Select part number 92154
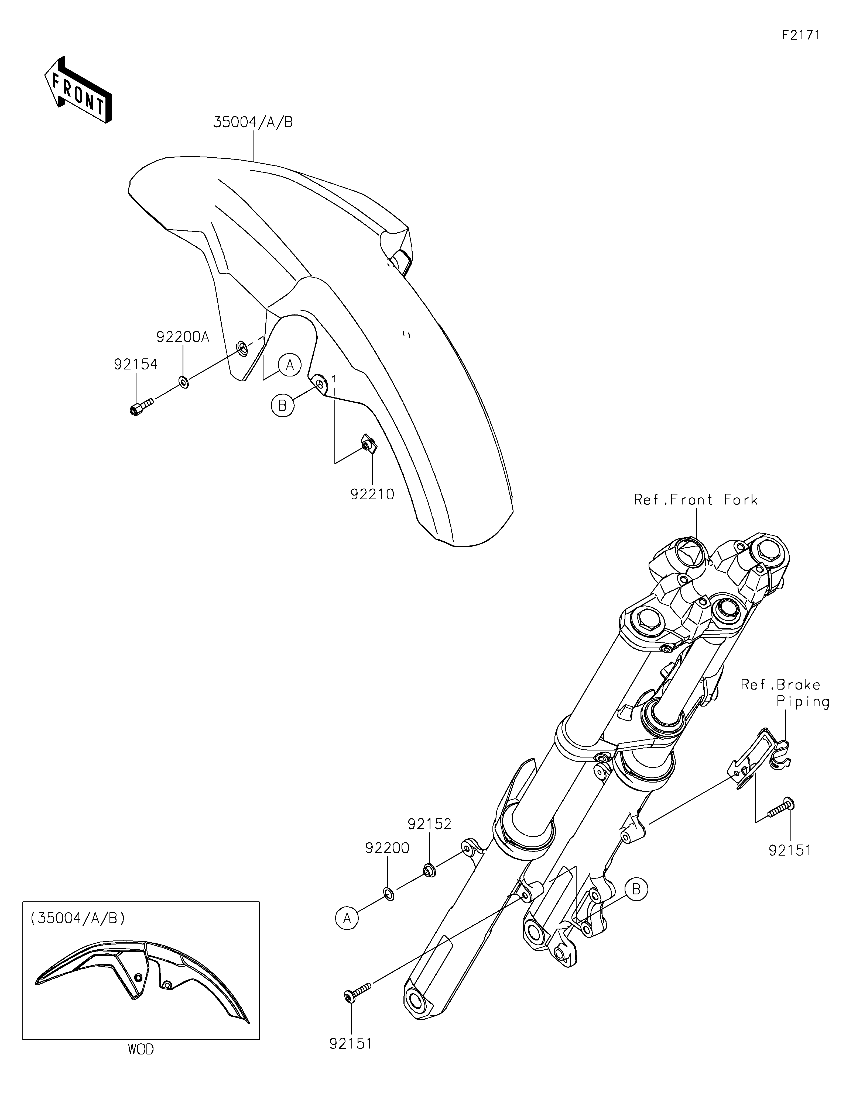pyautogui.click(x=135, y=364)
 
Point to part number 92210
pyautogui.click(x=372, y=494)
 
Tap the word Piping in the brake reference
pyautogui.click(x=803, y=702)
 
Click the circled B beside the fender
pyautogui.click(x=283, y=405)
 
